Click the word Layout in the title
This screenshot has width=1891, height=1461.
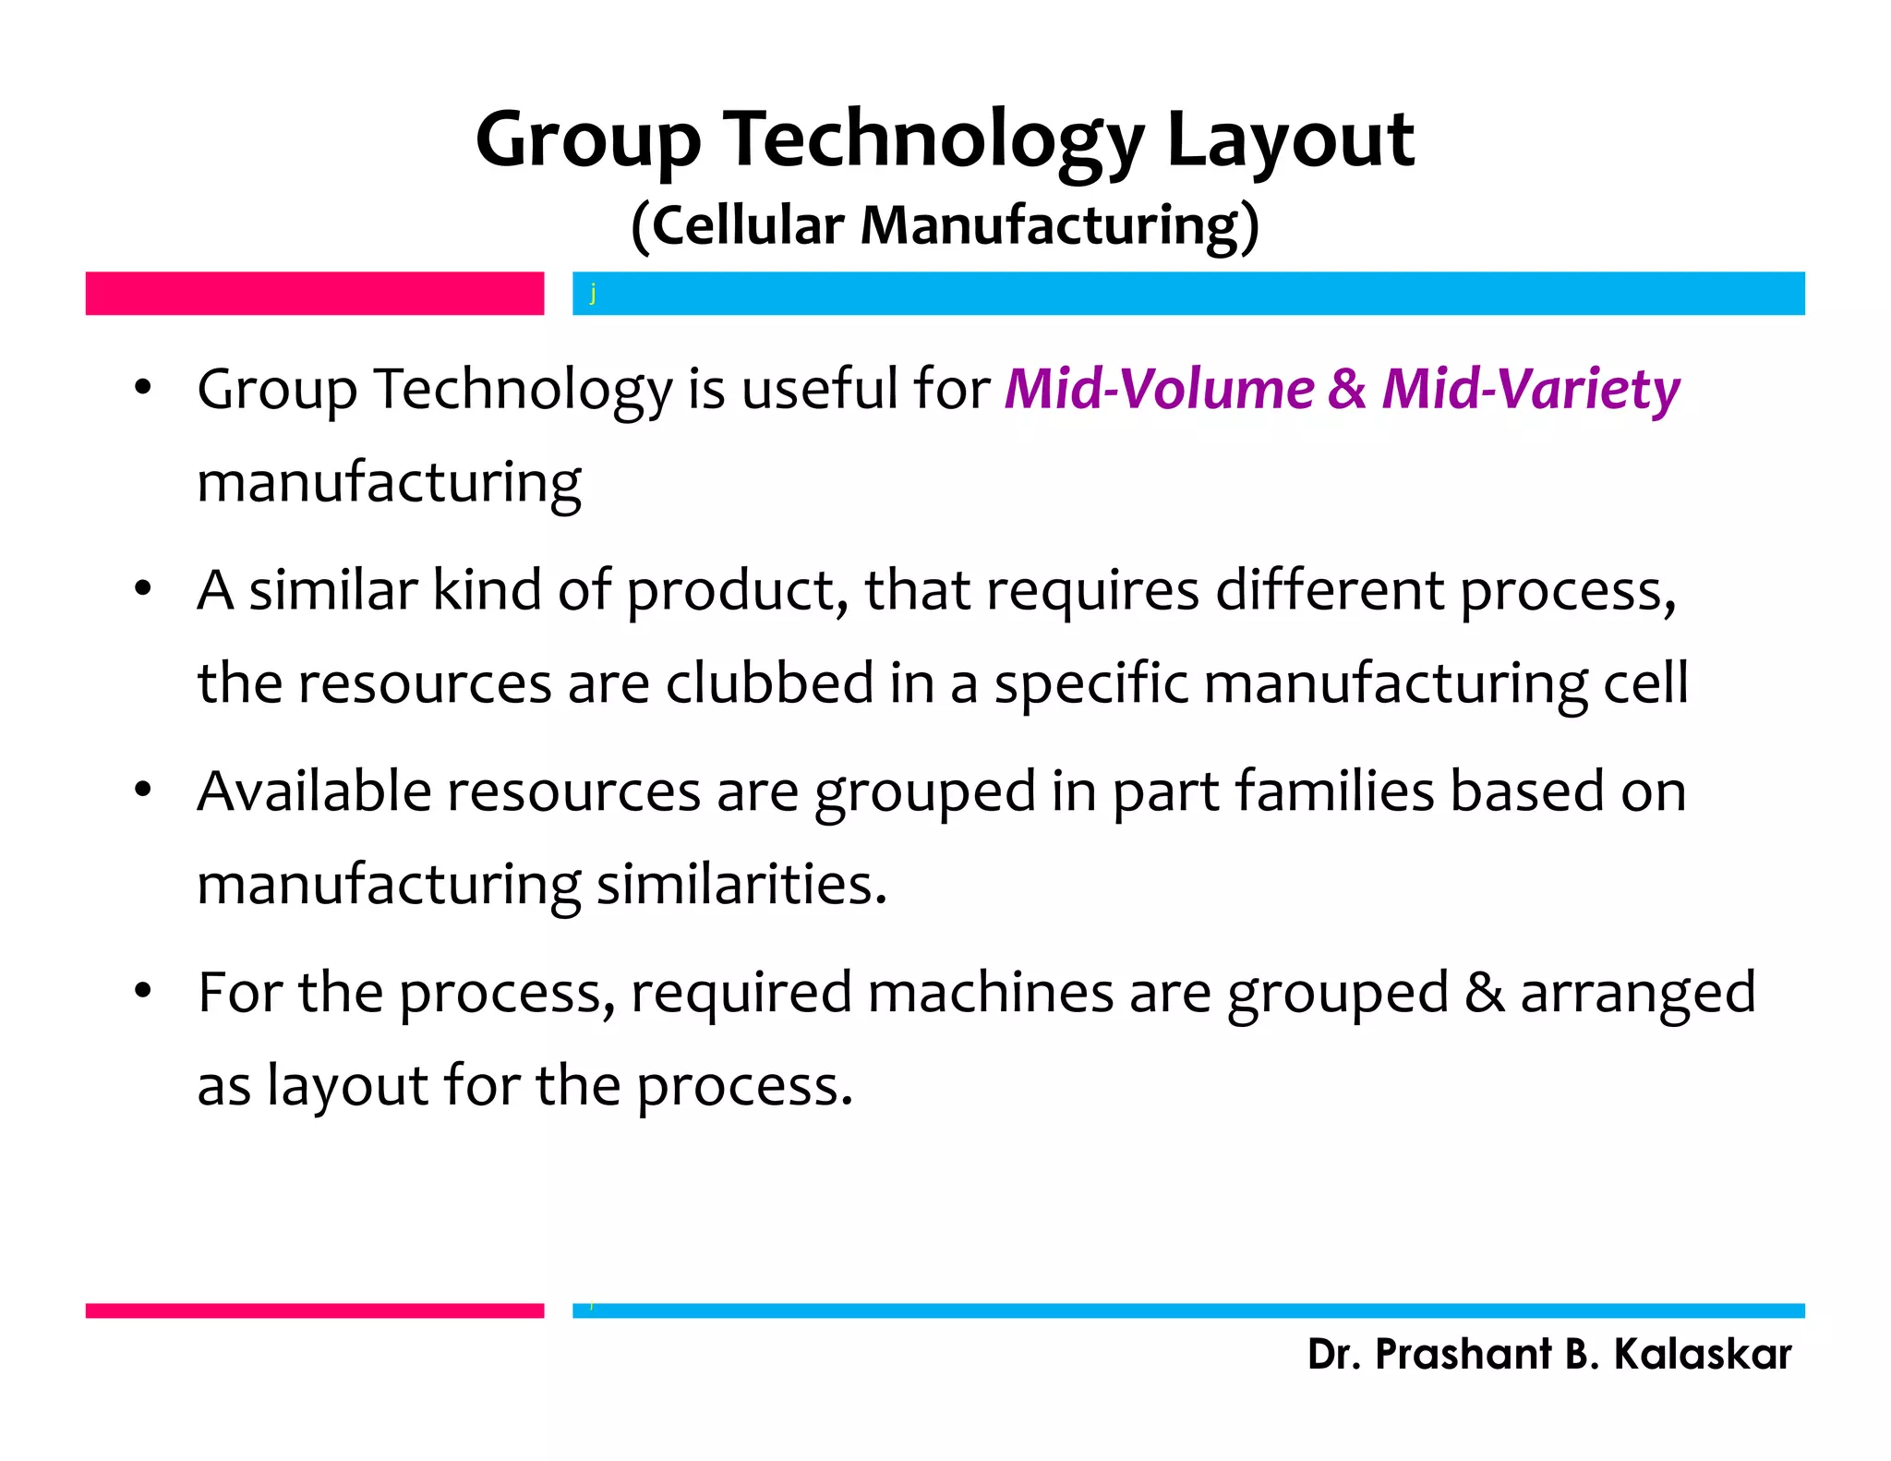[1290, 140]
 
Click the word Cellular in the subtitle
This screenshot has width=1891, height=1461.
[747, 225]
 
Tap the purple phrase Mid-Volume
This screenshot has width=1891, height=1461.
[1159, 389]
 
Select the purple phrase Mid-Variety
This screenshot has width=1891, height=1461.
[1531, 389]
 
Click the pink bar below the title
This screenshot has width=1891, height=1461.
[314, 294]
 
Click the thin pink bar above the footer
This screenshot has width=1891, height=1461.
[314, 1310]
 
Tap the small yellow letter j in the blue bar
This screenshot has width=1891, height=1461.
[593, 294]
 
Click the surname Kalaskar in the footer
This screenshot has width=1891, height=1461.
[1702, 1354]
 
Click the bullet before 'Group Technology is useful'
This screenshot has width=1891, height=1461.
[142, 388]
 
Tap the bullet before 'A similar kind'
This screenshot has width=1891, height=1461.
[142, 589]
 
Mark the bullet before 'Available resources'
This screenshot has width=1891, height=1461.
[142, 791]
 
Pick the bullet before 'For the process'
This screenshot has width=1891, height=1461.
[142, 992]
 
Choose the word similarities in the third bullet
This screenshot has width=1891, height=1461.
[741, 885]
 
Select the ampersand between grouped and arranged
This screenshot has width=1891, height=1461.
[1484, 993]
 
